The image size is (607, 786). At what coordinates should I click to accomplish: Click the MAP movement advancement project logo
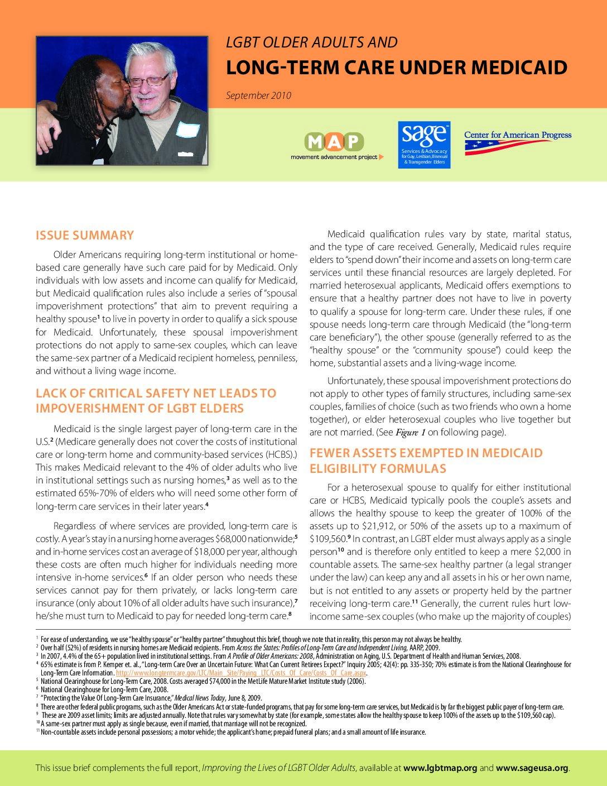(x=335, y=146)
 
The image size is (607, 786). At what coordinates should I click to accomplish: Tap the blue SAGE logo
(x=424, y=145)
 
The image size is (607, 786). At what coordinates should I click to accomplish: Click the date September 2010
(x=258, y=95)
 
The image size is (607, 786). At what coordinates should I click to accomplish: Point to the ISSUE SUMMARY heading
(x=85, y=235)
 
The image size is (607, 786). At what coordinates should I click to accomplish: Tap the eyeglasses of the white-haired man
(x=149, y=80)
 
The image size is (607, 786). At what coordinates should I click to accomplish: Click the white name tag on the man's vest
(x=187, y=130)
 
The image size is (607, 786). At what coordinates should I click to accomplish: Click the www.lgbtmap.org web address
(x=440, y=768)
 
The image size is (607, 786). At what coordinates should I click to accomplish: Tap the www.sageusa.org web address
(x=532, y=768)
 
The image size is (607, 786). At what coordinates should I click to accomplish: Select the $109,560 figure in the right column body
(x=327, y=539)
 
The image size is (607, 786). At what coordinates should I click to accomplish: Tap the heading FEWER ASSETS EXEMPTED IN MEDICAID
(x=426, y=453)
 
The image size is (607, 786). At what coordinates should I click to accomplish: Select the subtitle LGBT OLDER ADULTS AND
(x=311, y=42)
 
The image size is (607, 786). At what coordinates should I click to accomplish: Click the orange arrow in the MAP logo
(x=382, y=157)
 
